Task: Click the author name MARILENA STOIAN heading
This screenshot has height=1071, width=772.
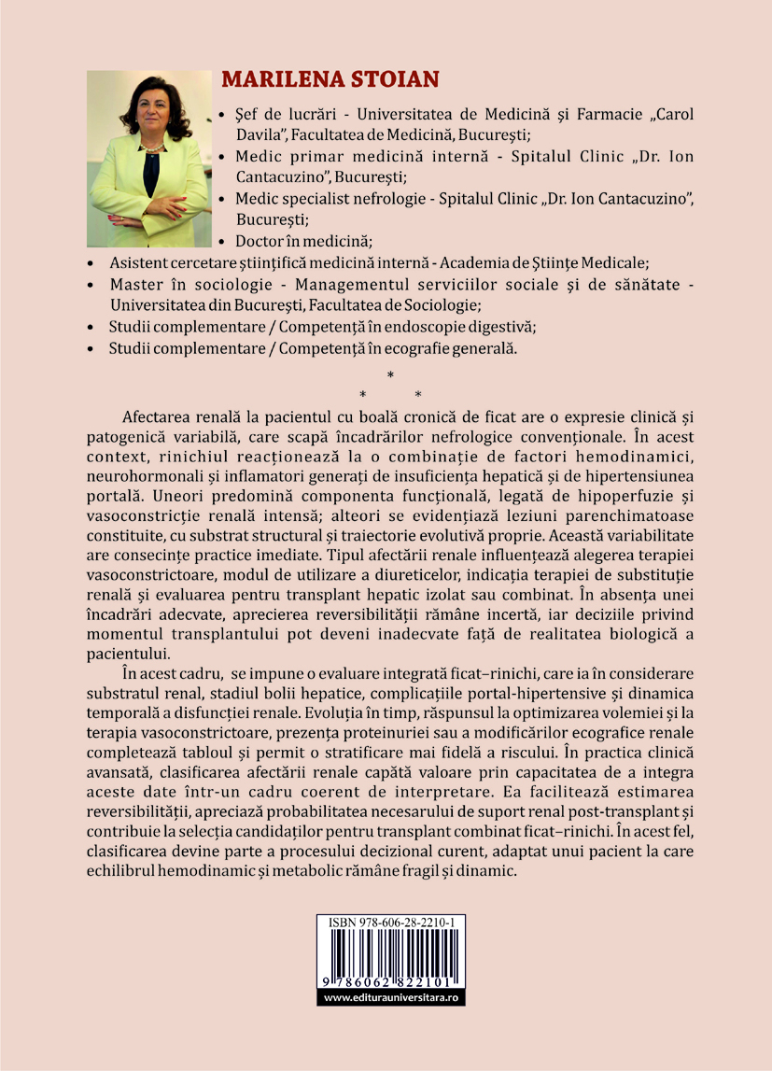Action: [x=324, y=78]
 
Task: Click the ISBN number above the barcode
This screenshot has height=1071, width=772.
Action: [x=391, y=948]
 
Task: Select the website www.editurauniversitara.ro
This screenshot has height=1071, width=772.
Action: [x=391, y=997]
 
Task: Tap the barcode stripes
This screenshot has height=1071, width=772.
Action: [x=391, y=970]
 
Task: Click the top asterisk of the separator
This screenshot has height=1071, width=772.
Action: [x=390, y=375]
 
